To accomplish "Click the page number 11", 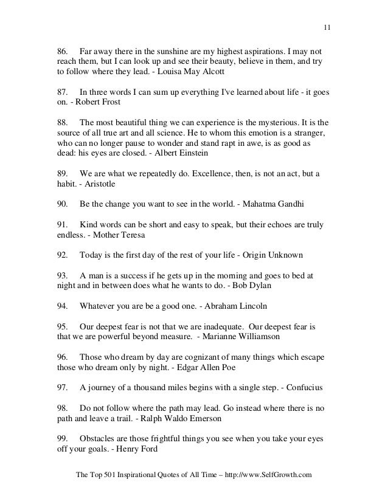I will (x=326, y=27).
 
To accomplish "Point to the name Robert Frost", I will (x=85, y=103).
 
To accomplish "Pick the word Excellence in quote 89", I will (x=217, y=173).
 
